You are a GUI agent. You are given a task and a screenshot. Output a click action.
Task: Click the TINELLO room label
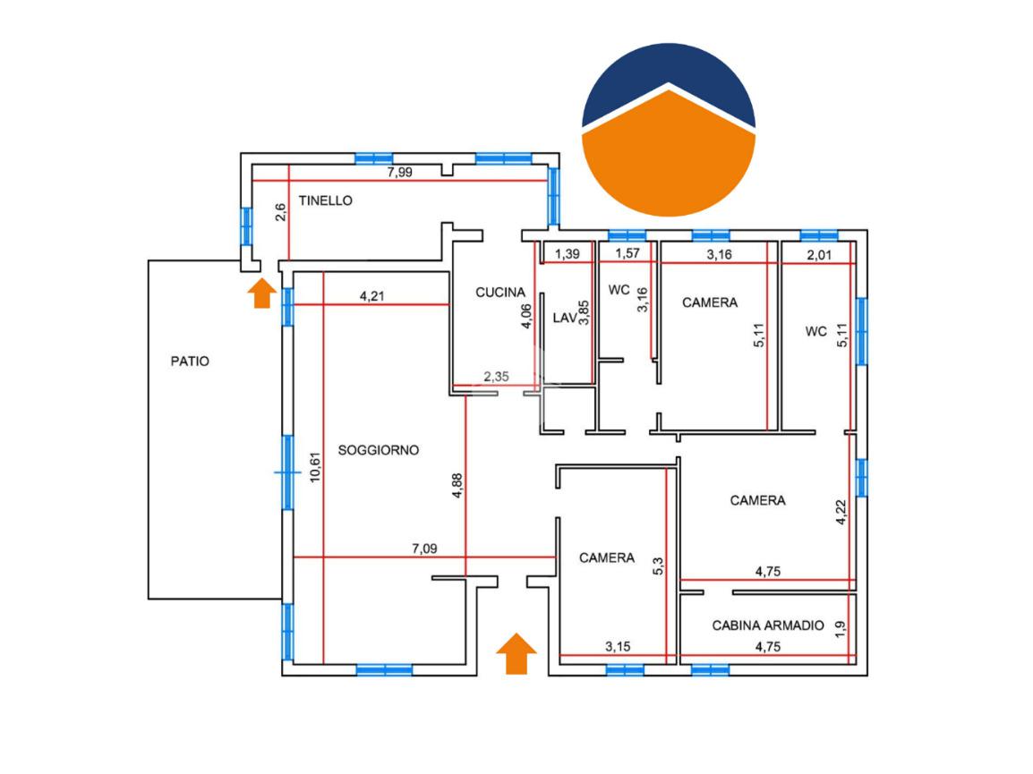click(x=325, y=201)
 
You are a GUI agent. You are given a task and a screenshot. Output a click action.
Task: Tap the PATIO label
click(x=190, y=361)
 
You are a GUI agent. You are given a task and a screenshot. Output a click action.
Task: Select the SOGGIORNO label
click(x=379, y=450)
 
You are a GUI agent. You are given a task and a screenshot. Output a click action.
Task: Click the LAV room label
click(x=564, y=317)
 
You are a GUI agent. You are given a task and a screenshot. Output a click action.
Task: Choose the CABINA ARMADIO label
click(x=767, y=625)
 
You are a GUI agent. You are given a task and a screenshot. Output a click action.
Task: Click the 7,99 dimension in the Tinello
click(x=399, y=173)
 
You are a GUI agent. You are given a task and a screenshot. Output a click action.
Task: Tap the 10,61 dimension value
click(x=314, y=467)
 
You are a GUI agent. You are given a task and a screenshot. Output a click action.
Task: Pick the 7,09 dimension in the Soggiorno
click(x=424, y=549)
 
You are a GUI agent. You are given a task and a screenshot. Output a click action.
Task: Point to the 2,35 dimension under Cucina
click(x=496, y=377)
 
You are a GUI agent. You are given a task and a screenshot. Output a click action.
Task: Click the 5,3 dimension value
click(x=658, y=567)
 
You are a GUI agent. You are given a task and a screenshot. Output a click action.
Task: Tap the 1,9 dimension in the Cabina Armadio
click(x=840, y=629)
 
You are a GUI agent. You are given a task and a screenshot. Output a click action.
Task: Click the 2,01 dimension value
click(x=819, y=254)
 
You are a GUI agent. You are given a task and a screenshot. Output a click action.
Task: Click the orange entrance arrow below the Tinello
click(x=260, y=293)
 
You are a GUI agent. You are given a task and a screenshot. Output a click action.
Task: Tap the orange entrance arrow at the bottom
click(x=516, y=653)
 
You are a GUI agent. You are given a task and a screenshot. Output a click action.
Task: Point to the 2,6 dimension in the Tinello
click(x=280, y=212)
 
